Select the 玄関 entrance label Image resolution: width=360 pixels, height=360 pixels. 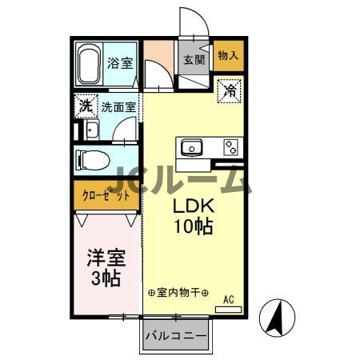(194, 59)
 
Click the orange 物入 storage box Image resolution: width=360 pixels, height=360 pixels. (228, 55)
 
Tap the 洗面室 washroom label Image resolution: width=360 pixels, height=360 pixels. (118, 105)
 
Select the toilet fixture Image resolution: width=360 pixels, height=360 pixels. (94, 159)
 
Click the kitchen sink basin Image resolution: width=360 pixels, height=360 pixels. (192, 147)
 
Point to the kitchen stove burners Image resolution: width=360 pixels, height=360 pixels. (231, 147)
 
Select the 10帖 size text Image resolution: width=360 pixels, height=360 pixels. (193, 226)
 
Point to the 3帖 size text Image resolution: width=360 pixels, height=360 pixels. (105, 279)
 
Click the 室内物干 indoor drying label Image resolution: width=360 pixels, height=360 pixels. (178, 293)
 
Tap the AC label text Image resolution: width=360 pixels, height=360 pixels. (228, 300)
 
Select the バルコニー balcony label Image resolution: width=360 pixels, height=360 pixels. (176, 337)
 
